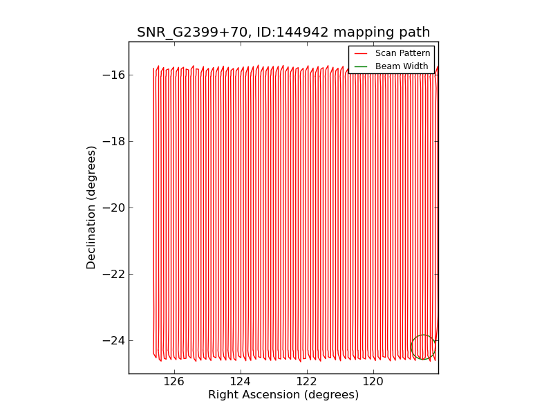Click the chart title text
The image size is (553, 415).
[x=283, y=33]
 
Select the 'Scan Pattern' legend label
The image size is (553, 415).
[x=402, y=53]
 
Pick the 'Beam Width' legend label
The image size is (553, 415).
[x=402, y=66]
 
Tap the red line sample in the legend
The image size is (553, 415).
[x=362, y=53]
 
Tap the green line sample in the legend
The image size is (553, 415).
[x=362, y=66]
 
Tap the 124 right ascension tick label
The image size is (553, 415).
[x=240, y=382]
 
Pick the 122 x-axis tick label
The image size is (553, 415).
[x=306, y=382]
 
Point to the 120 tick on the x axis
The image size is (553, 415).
[x=373, y=382]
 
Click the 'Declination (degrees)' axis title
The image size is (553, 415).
[x=92, y=207]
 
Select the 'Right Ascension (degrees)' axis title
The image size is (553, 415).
[x=283, y=395]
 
